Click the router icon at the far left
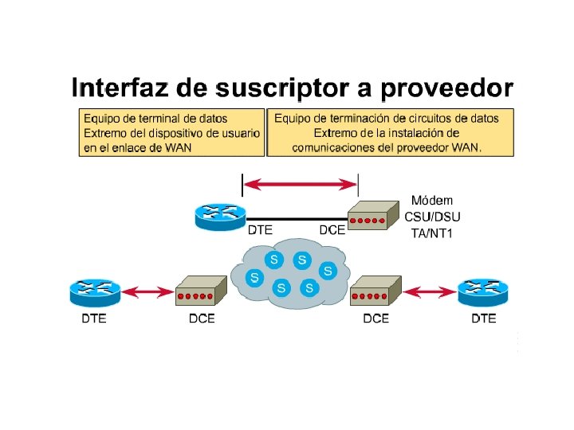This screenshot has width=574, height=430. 94,292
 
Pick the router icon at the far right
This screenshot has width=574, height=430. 483,292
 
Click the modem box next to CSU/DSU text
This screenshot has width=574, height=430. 373,215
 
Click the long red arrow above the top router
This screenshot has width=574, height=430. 300,185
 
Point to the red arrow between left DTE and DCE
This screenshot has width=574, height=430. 147,294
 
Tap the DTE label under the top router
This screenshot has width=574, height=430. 260,230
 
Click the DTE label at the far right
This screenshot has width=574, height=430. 483,319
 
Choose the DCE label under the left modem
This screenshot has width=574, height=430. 201,319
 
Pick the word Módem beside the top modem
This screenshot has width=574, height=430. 431,200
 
